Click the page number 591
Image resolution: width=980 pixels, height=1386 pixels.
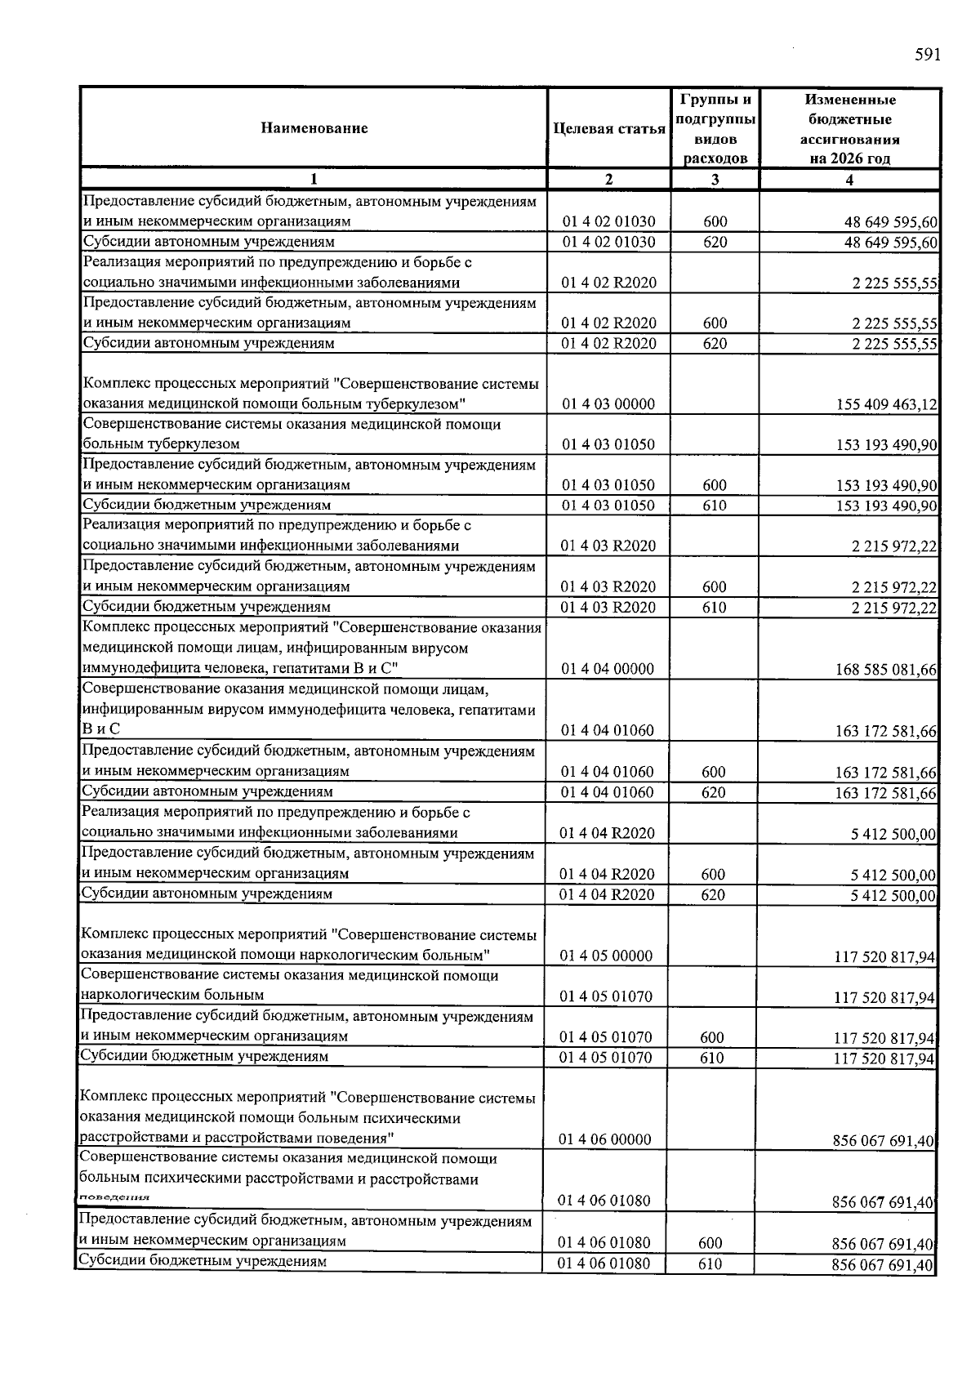928,55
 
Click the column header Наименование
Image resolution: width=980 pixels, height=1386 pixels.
314,128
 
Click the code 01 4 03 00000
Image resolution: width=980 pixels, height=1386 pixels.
608,404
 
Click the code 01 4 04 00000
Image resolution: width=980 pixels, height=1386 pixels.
608,670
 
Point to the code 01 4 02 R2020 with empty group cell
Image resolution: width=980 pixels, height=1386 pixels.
609,283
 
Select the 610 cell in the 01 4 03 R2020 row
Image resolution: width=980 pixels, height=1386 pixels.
715,608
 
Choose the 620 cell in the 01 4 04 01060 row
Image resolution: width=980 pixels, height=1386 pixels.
714,792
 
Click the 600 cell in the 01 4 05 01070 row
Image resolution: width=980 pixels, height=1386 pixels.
712,1038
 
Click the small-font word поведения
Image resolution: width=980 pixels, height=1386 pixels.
114,1197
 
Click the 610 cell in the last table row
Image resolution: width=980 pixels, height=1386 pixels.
710,1264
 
